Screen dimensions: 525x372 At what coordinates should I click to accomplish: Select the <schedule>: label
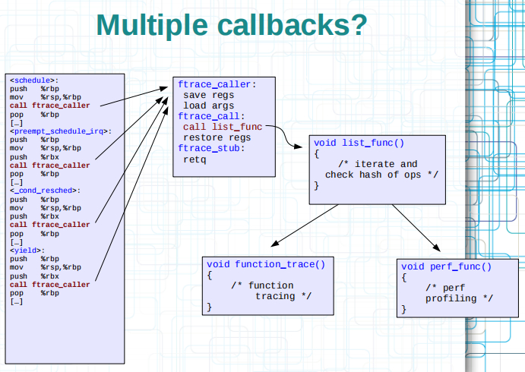pyautogui.click(x=34, y=80)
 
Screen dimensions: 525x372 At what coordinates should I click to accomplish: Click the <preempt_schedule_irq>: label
pyautogui.click(x=61, y=131)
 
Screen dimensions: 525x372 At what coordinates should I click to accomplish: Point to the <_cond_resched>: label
pyautogui.click(x=45, y=191)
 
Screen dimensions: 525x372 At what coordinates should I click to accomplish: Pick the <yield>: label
pyautogui.click(x=27, y=251)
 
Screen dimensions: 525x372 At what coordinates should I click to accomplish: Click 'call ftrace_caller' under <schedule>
pyautogui.click(x=50, y=106)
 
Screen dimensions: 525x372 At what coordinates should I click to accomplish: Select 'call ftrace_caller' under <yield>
pyautogui.click(x=50, y=285)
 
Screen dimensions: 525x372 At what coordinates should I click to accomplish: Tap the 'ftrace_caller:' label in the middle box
pyautogui.click(x=217, y=84)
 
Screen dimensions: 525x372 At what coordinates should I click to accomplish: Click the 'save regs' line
pyautogui.click(x=209, y=95)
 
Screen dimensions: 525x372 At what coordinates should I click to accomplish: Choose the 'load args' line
pyautogui.click(x=209, y=106)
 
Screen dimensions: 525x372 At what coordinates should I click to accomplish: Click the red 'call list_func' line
pyautogui.click(x=223, y=127)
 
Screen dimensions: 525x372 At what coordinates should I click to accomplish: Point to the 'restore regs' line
pyautogui.click(x=217, y=138)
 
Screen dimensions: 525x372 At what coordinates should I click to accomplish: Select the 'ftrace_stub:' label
pyautogui.click(x=211, y=148)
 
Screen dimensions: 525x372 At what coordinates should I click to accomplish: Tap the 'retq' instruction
pyautogui.click(x=195, y=159)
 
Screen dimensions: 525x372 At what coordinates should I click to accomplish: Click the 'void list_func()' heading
pyautogui.click(x=359, y=143)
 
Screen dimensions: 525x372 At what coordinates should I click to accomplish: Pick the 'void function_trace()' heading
pyautogui.click(x=266, y=264)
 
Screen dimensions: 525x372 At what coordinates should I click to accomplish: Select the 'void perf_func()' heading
pyautogui.click(x=446, y=266)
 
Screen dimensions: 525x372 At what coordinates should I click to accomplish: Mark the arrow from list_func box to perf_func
pyautogui.click(x=416, y=228)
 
